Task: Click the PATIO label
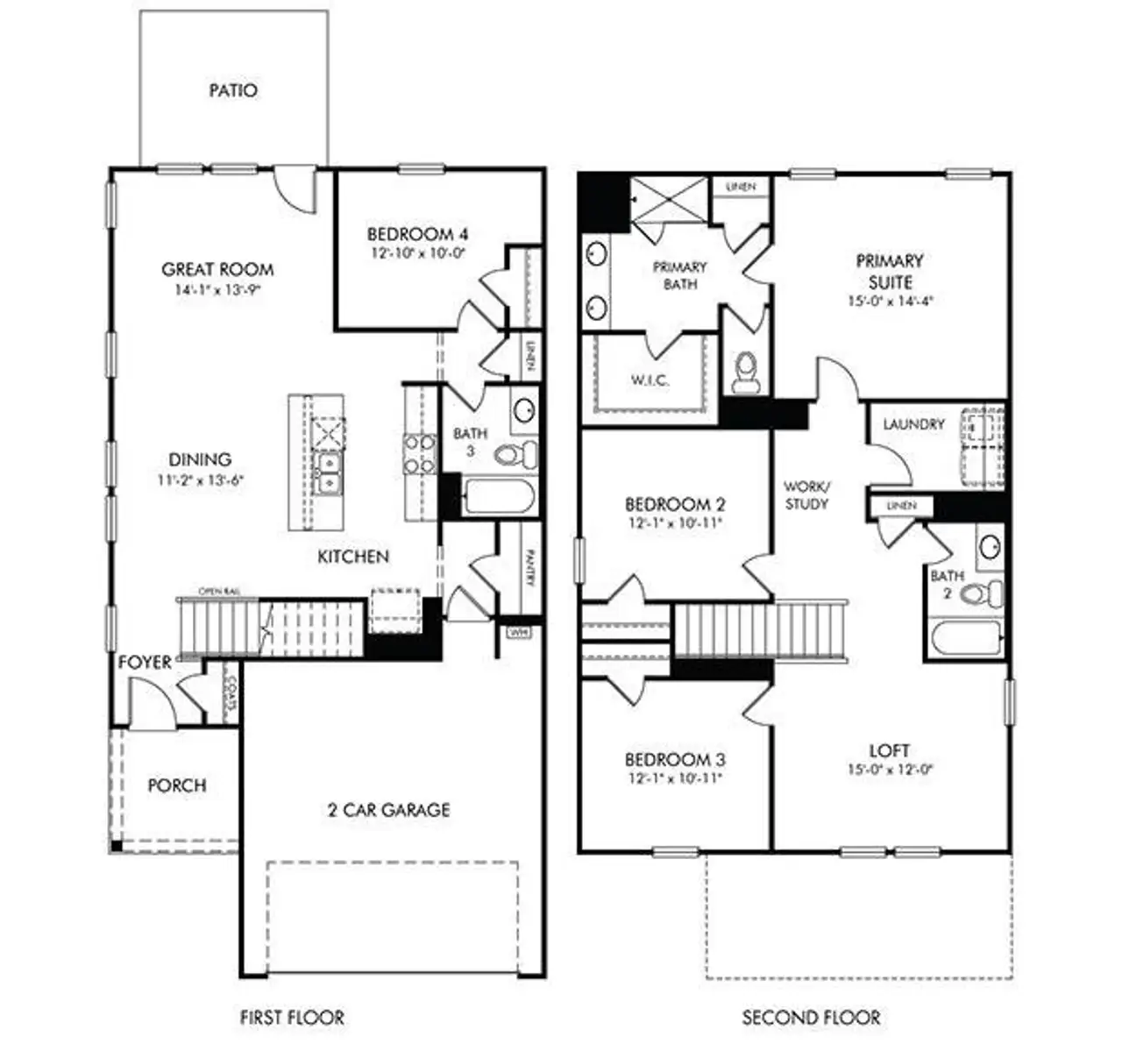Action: point(233,90)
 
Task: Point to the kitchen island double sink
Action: point(326,473)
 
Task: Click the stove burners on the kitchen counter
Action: point(420,454)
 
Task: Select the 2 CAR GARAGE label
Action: point(388,810)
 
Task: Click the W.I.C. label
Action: point(650,380)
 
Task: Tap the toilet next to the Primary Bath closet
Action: point(746,373)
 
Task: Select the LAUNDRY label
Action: point(913,424)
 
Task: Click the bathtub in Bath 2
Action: point(965,639)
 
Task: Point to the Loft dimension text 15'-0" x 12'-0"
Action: point(890,770)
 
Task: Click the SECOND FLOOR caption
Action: point(811,1018)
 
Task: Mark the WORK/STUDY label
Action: point(806,495)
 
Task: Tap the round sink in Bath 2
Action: point(991,546)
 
